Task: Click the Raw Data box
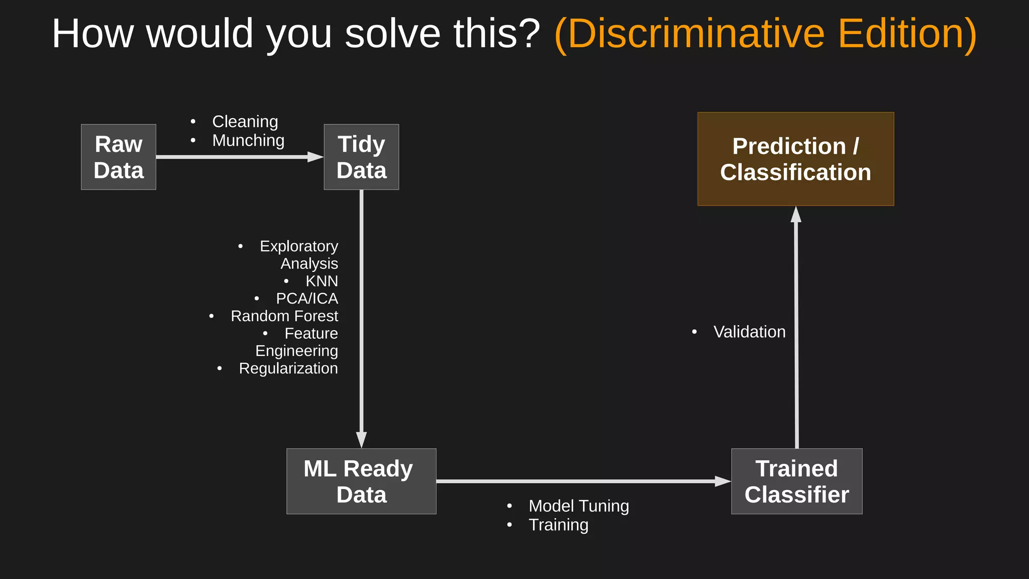tap(119, 157)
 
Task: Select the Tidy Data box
tap(361, 157)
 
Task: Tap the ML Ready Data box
tap(361, 481)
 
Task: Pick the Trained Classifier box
tap(796, 481)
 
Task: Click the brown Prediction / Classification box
tap(795, 159)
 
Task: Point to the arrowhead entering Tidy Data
tap(316, 157)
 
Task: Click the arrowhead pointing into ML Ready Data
tap(361, 439)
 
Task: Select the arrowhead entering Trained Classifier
tap(723, 481)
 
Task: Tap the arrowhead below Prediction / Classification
tap(796, 215)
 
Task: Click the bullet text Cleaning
tap(245, 122)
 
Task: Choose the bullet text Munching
tap(248, 141)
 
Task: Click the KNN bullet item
tap(322, 281)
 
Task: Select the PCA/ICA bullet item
tap(306, 299)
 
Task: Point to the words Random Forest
tap(284, 316)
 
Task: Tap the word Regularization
tap(288, 368)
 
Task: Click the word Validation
tap(749, 332)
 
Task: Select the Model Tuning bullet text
tap(578, 506)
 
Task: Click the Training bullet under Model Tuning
tap(558, 525)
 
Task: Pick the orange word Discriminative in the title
tap(696, 34)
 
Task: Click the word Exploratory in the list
tap(298, 246)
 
